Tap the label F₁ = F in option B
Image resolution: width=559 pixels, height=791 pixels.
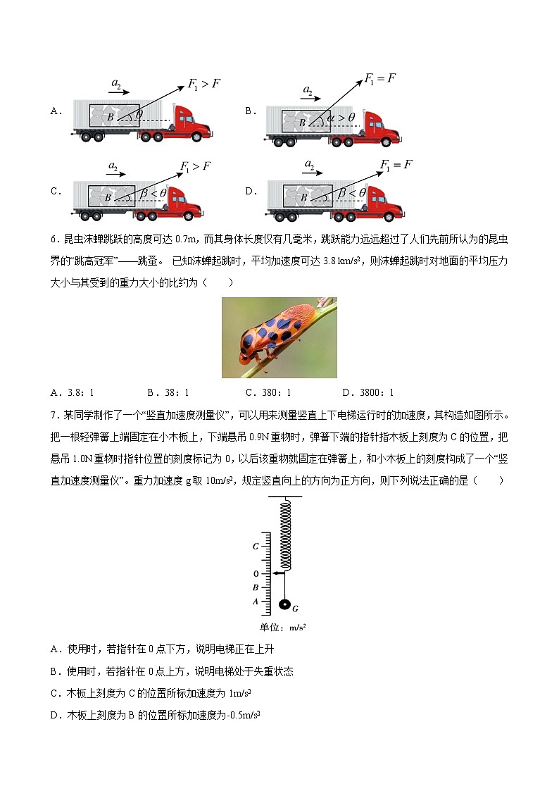(x=380, y=78)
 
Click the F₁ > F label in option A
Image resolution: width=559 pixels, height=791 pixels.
(x=204, y=85)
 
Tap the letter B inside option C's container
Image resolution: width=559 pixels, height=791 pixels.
(x=108, y=198)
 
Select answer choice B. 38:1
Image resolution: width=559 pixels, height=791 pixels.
(x=168, y=393)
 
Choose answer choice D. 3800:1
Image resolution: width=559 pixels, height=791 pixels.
(x=368, y=393)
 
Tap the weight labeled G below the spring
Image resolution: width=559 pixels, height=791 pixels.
(x=285, y=605)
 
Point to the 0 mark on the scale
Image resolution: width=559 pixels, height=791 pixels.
(x=256, y=574)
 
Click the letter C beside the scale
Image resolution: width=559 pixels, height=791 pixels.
(x=256, y=546)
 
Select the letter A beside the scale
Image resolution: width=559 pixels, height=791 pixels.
(x=256, y=601)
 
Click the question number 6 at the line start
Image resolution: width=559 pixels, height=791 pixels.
(x=54, y=239)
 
